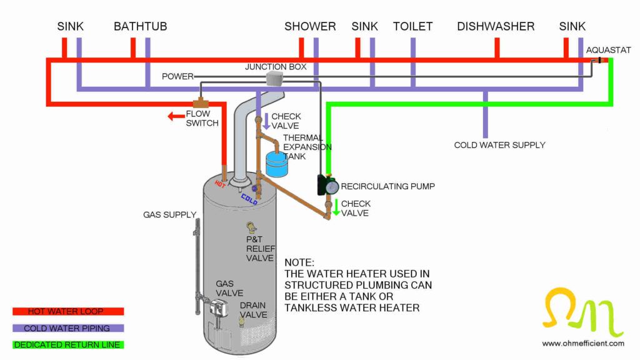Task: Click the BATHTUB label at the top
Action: coord(140,26)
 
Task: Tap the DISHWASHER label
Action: coord(496,26)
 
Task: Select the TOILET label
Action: coord(412,26)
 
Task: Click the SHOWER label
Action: coord(310,26)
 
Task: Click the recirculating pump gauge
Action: coord(332,186)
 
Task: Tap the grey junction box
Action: coord(274,77)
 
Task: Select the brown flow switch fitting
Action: coord(200,102)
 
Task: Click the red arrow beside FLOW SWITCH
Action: coord(176,116)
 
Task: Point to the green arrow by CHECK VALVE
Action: coord(336,207)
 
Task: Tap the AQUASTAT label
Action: coord(608,50)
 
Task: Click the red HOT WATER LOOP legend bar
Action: coord(68,311)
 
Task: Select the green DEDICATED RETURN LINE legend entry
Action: coord(68,344)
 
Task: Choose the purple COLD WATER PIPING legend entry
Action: coord(68,328)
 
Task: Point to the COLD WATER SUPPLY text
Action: coord(499,145)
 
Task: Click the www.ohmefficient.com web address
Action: coord(582,343)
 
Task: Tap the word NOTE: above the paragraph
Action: coord(299,262)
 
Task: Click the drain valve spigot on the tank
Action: coord(241,321)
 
